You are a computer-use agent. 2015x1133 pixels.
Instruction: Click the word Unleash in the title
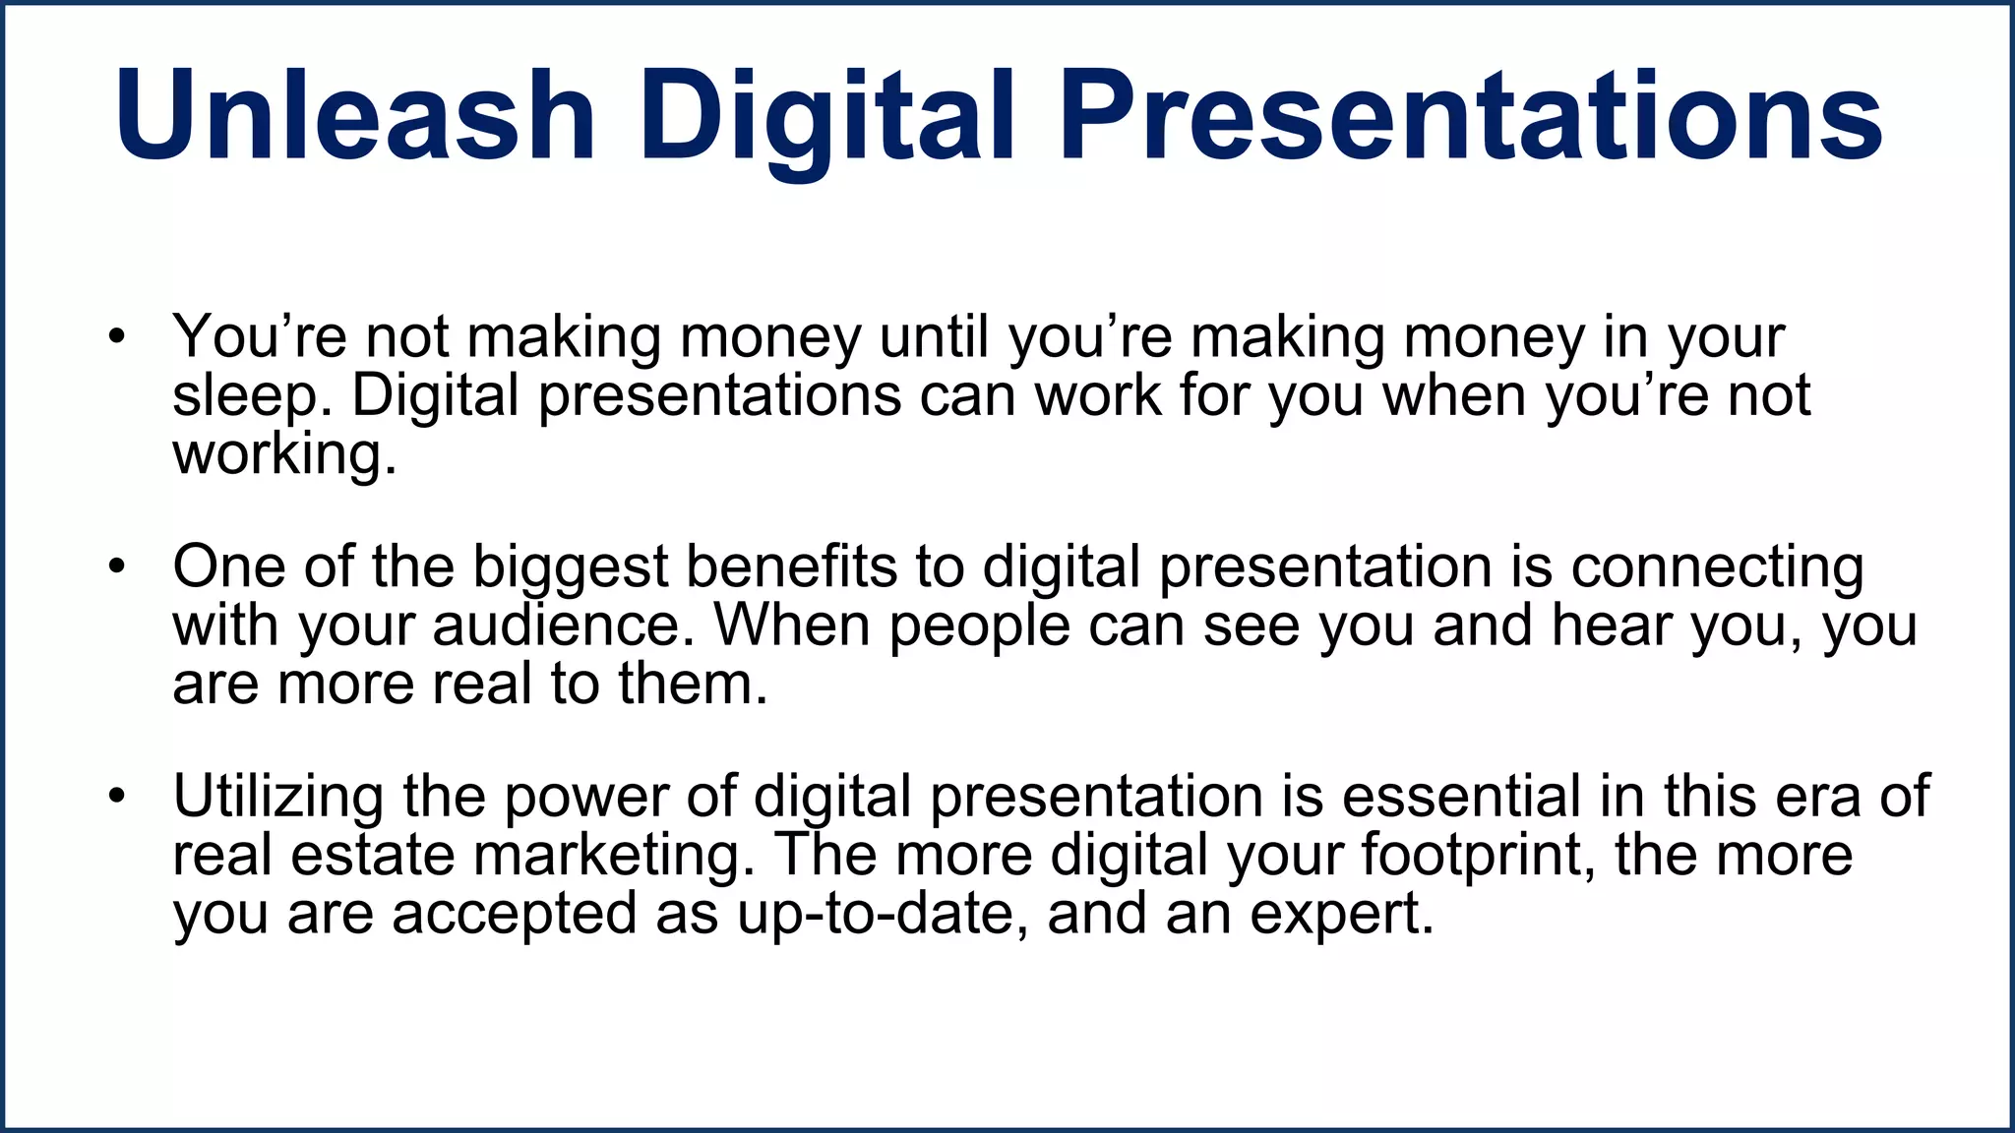(x=355, y=116)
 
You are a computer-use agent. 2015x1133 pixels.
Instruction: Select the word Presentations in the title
(x=1471, y=116)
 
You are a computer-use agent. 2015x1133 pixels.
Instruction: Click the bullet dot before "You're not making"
(x=118, y=337)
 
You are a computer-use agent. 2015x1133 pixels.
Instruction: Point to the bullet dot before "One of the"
(x=118, y=567)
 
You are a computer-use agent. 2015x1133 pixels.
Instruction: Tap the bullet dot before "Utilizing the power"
(x=118, y=797)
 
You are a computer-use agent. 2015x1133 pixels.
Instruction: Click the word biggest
(x=571, y=567)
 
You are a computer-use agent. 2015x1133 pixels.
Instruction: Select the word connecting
(x=1717, y=567)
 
